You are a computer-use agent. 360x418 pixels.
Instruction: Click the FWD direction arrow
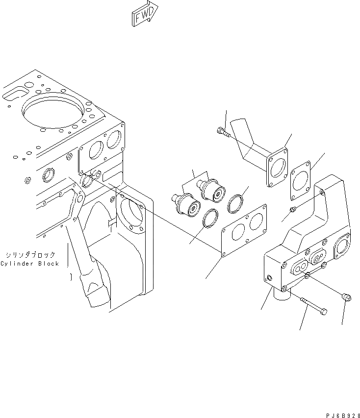coord(145,14)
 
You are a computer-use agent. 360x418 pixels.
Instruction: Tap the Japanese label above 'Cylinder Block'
coord(30,255)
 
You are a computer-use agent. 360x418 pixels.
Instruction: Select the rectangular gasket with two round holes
coord(244,230)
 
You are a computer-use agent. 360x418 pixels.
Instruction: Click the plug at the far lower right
coord(345,296)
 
